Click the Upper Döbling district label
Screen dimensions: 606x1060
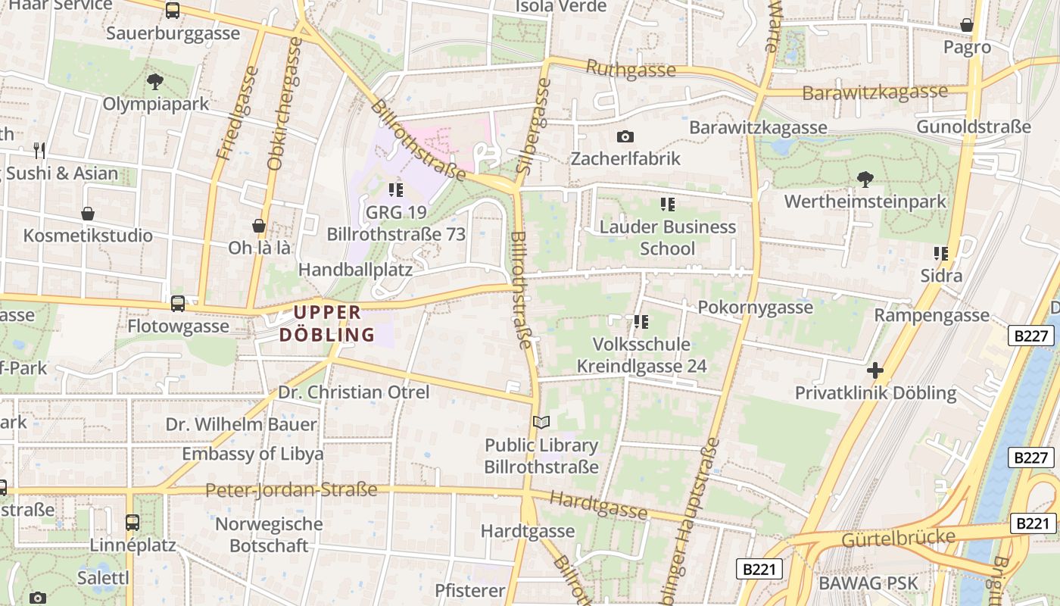point(327,323)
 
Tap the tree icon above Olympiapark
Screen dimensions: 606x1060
point(155,81)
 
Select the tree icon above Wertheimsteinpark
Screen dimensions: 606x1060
point(865,180)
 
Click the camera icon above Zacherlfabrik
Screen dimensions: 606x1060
point(625,136)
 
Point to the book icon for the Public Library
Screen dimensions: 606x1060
point(541,423)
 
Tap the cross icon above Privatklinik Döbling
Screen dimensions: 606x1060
point(875,370)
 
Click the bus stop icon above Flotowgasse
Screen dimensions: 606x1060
point(178,304)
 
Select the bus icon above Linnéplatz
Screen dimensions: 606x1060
point(132,522)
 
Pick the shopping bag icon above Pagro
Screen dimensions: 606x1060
point(967,25)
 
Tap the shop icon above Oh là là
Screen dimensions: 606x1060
point(259,226)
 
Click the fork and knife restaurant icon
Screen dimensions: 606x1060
point(39,150)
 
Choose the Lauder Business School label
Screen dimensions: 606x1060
point(667,237)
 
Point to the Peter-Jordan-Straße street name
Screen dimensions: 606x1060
point(291,490)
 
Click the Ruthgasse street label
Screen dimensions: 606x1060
point(631,70)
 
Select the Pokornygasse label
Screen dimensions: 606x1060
point(755,307)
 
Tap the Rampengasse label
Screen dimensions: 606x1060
point(931,314)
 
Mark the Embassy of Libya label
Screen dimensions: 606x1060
point(252,454)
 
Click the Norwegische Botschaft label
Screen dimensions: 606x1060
point(269,534)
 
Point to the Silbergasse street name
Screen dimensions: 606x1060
point(532,127)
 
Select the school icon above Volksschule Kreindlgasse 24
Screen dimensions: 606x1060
point(641,322)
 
